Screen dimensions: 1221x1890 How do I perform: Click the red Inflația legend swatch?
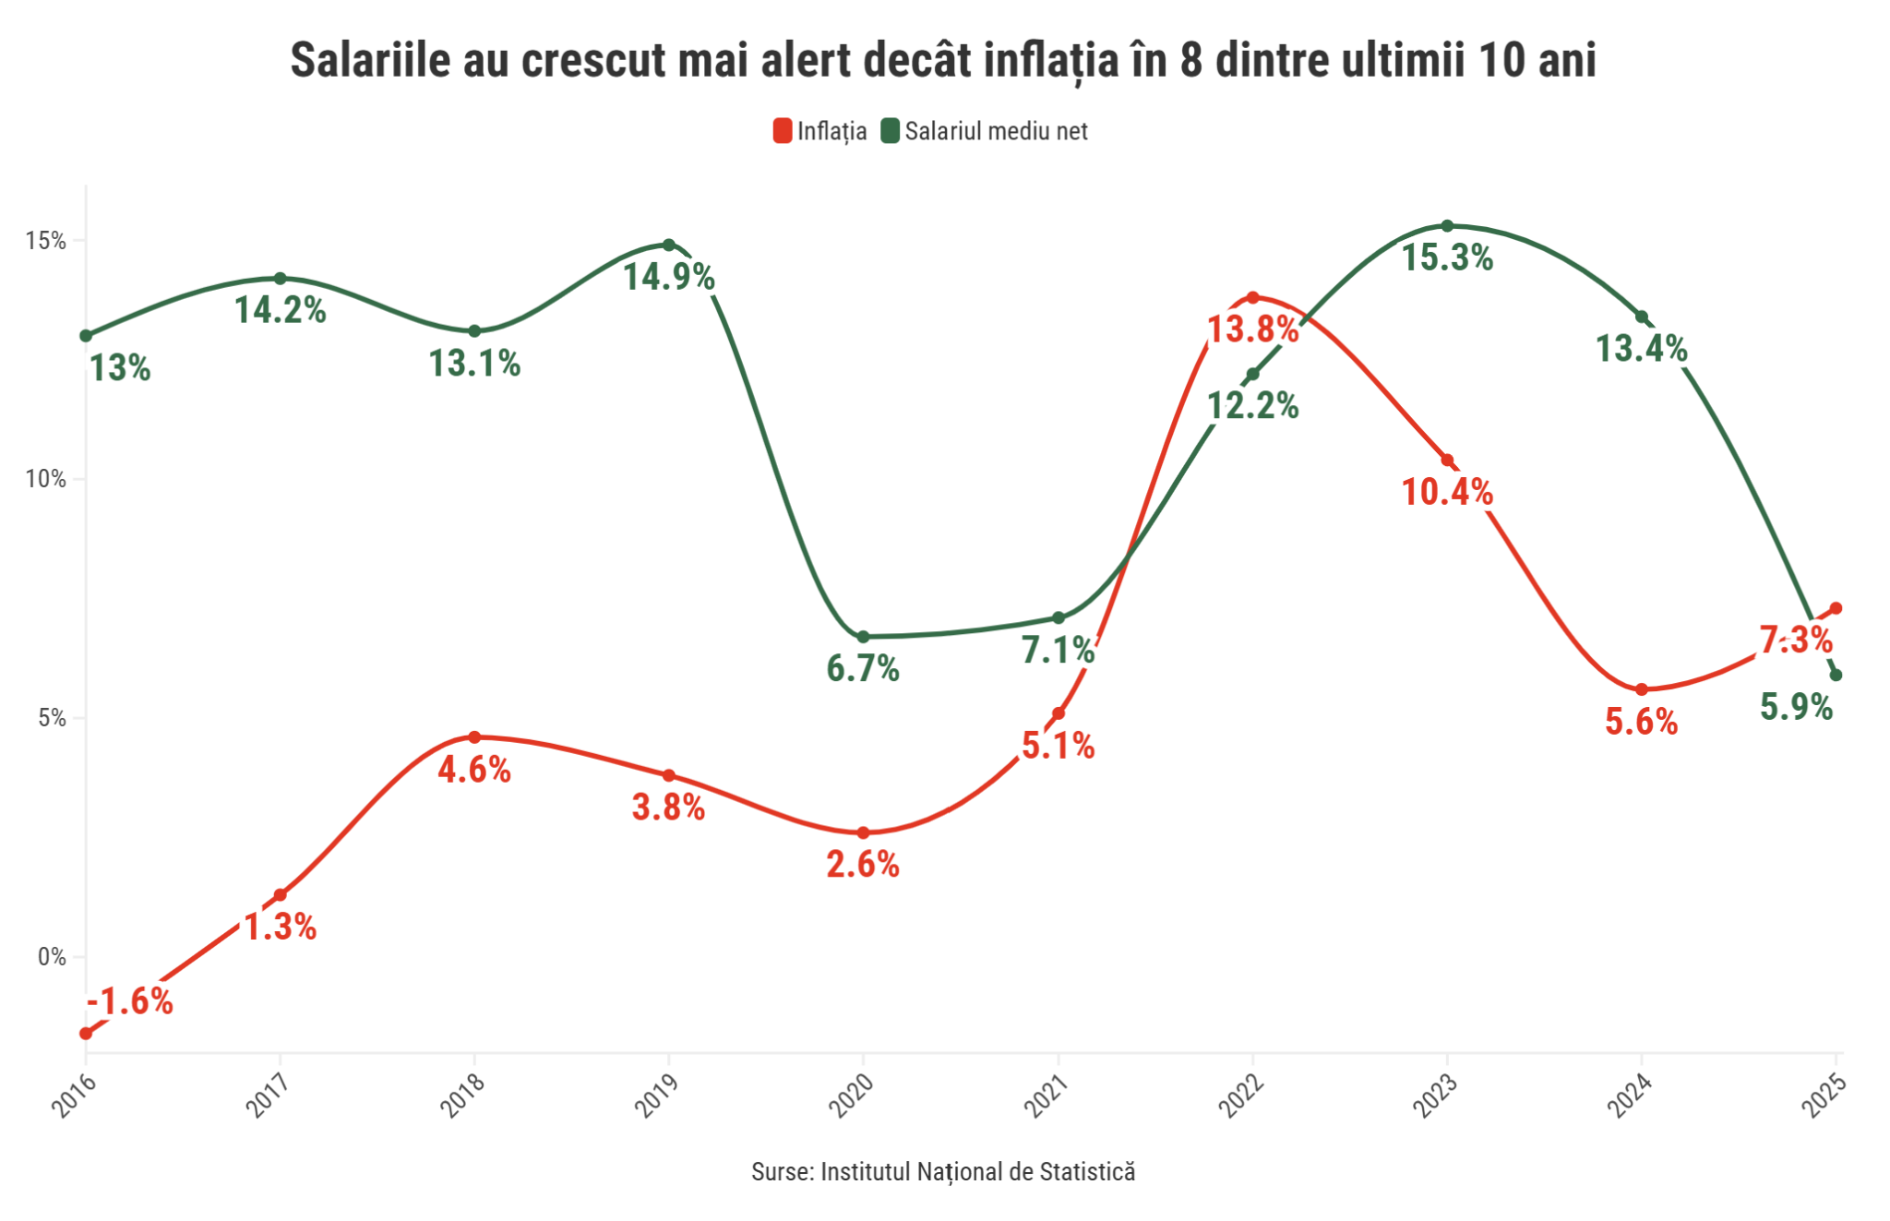(783, 131)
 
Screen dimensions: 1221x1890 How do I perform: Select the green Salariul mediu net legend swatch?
(890, 131)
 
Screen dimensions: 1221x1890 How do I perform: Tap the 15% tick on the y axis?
(45, 241)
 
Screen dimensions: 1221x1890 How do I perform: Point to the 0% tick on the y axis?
(51, 957)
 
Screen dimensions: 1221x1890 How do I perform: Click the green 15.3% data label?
(1447, 257)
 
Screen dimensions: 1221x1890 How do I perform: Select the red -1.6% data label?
(130, 1001)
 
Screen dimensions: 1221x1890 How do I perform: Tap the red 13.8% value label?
(1252, 329)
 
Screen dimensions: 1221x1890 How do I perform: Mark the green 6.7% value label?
(863, 668)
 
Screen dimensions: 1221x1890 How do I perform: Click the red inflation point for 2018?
(474, 737)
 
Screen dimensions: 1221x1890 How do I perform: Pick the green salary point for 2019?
(669, 245)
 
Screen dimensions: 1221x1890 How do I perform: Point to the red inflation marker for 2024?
(1642, 689)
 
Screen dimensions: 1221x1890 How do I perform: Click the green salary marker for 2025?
(1836, 676)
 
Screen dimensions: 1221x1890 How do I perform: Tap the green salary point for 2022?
(1252, 375)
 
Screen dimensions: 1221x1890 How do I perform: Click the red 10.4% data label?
(1447, 492)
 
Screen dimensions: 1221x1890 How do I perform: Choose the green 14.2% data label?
(281, 310)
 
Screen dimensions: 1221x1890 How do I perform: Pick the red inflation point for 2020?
(864, 833)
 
